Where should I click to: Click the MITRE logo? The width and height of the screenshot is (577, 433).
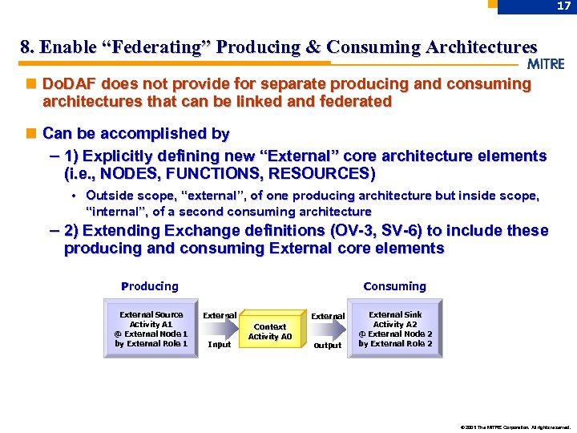click(547, 64)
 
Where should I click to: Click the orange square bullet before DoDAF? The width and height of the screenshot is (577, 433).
click(30, 84)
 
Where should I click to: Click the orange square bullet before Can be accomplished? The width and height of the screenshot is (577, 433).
click(30, 134)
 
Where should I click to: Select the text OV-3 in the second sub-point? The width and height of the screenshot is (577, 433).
click(362, 231)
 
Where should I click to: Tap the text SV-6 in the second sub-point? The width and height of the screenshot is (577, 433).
click(412, 231)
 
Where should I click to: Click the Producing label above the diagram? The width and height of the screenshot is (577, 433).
click(150, 286)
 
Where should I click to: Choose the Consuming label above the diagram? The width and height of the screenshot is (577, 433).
click(394, 286)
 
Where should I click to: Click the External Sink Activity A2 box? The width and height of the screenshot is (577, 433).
click(395, 329)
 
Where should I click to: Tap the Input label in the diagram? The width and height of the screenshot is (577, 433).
click(219, 345)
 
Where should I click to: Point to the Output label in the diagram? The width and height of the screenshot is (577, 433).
click(327, 346)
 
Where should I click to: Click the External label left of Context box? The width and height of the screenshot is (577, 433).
click(219, 316)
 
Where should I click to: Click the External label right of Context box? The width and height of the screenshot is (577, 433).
click(327, 316)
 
